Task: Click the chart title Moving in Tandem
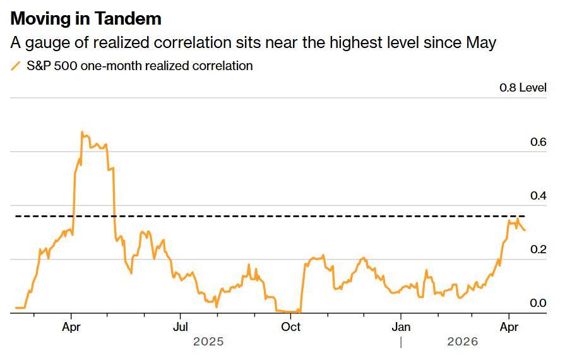pyautogui.click(x=86, y=18)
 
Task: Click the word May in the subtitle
pyautogui.click(x=481, y=42)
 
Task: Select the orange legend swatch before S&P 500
pyautogui.click(x=16, y=66)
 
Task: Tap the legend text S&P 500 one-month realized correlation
pyautogui.click(x=140, y=66)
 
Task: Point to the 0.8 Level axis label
pyautogui.click(x=523, y=88)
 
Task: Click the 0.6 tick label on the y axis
pyautogui.click(x=538, y=142)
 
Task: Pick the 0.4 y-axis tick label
pyautogui.click(x=538, y=196)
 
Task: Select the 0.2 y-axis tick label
pyautogui.click(x=538, y=249)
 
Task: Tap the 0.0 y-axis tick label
pyautogui.click(x=538, y=303)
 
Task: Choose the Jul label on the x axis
pyautogui.click(x=181, y=327)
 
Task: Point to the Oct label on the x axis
pyautogui.click(x=290, y=327)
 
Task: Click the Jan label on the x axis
pyautogui.click(x=401, y=327)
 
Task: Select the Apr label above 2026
pyautogui.click(x=509, y=327)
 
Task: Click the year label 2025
pyautogui.click(x=208, y=342)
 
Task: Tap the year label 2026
pyautogui.click(x=463, y=342)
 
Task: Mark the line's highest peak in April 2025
pyautogui.click(x=82, y=132)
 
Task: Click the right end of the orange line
pyautogui.click(x=524, y=230)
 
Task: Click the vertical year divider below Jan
pyautogui.click(x=401, y=342)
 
